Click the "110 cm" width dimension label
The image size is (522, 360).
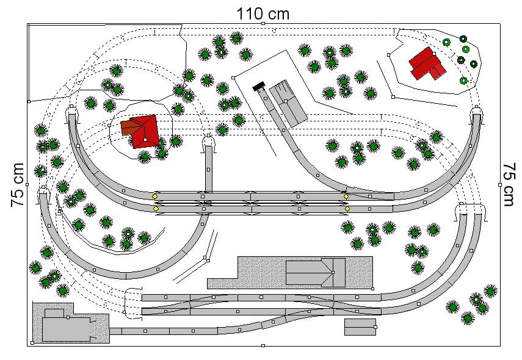tap(263, 14)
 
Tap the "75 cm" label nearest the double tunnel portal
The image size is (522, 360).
tap(508, 185)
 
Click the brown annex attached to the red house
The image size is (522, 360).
tap(126, 128)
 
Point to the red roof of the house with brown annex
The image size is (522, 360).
tap(145, 131)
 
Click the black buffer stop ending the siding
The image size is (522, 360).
tap(258, 87)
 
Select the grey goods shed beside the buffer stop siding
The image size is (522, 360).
tap(288, 103)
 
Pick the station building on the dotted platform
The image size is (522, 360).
tap(316, 273)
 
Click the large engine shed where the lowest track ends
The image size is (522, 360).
tap(67, 329)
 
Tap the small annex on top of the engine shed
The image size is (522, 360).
tap(54, 313)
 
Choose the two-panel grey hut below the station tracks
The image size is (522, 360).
tap(360, 326)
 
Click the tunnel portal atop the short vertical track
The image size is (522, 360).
tap(208, 143)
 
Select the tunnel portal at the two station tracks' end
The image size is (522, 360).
tap(132, 304)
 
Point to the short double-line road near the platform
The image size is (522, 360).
tap(196, 257)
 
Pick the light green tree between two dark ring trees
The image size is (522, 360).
tap(465, 49)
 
